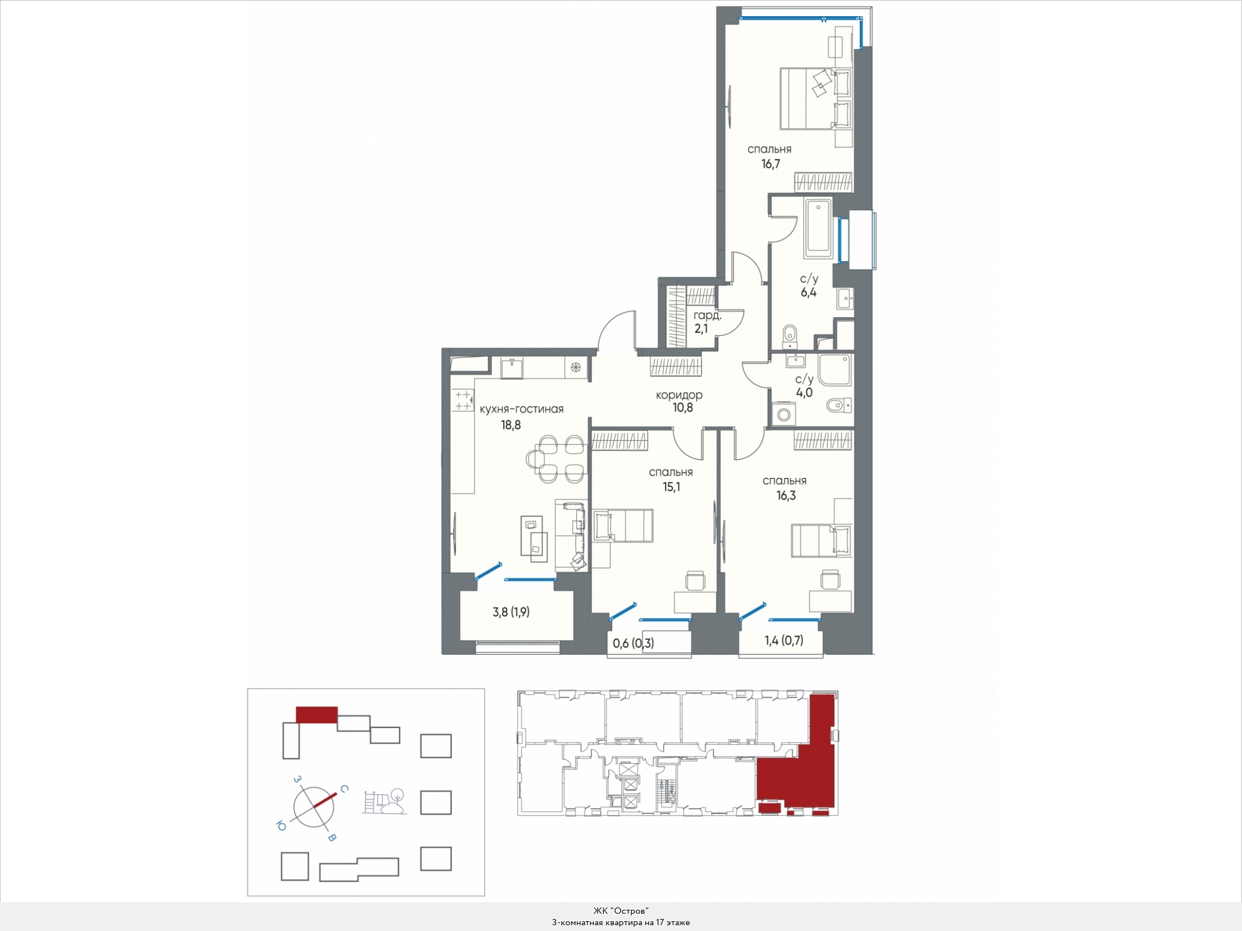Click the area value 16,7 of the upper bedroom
tap(770, 164)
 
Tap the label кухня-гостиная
tap(522, 409)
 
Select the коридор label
tap(679, 395)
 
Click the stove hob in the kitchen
tap(462, 400)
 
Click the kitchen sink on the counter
tap(511, 367)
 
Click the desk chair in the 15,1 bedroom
tap(695, 581)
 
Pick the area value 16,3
tap(786, 496)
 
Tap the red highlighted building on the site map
tap(316, 714)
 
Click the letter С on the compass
tap(343, 789)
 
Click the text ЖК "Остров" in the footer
tap(621, 911)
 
